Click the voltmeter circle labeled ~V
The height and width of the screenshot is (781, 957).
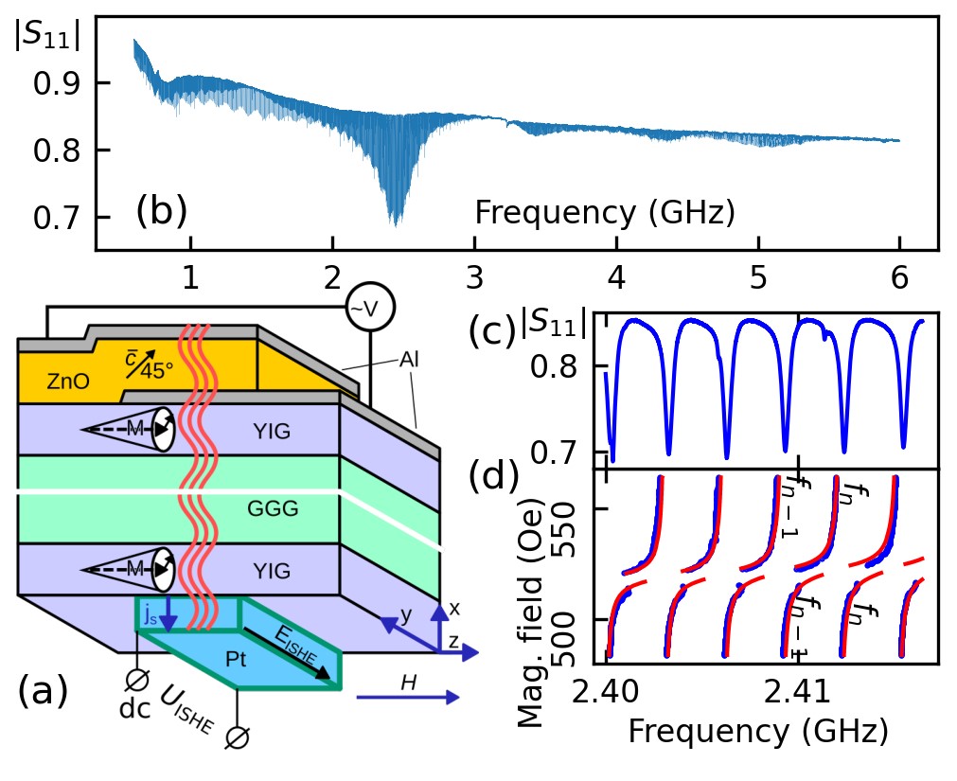(x=369, y=308)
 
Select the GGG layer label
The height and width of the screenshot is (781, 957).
(x=273, y=509)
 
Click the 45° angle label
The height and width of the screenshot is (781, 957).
(x=157, y=371)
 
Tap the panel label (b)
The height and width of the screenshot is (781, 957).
(x=162, y=211)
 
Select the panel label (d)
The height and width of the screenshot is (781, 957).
(x=494, y=476)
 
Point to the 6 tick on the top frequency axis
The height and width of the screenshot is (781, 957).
(x=899, y=276)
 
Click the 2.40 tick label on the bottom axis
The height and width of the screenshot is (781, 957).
(x=607, y=694)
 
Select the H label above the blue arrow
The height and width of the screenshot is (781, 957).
(x=408, y=681)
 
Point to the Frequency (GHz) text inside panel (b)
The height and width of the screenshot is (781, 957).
(x=605, y=213)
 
